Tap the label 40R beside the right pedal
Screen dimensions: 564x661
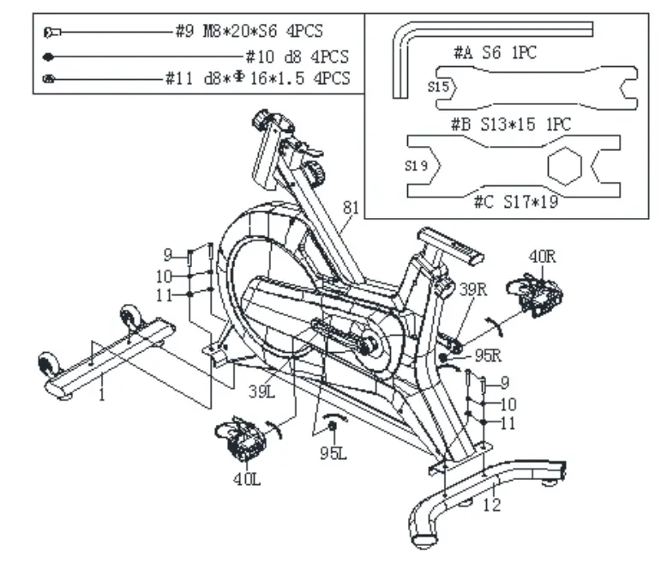coord(543,256)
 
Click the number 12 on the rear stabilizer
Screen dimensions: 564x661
coord(490,506)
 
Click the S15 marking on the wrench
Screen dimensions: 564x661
coord(439,86)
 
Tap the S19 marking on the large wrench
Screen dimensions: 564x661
coord(418,165)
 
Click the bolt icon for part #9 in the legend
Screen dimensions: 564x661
coord(51,32)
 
